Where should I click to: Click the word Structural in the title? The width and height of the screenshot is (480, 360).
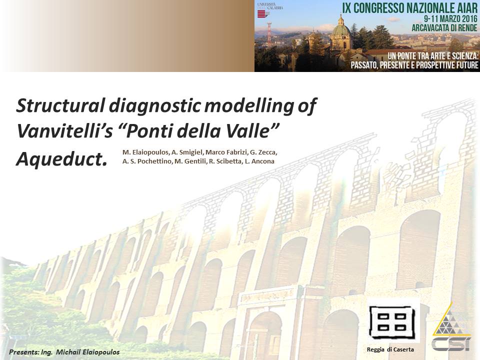coord(61,105)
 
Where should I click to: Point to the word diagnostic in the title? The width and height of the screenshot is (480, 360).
coord(155,106)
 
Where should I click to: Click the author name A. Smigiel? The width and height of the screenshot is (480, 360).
coord(187,152)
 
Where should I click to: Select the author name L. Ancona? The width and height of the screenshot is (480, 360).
coord(259,161)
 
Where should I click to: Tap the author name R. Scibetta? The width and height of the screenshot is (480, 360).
coord(225,161)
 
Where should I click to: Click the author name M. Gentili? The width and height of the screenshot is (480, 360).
coord(190,161)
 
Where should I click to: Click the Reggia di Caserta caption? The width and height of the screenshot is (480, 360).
coord(390,349)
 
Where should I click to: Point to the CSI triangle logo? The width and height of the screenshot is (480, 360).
coord(451,327)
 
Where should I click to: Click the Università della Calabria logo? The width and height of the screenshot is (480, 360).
coord(269,10)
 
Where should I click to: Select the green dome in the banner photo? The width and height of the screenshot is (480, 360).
coord(341,29)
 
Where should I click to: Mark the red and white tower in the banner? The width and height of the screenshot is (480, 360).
coord(269,34)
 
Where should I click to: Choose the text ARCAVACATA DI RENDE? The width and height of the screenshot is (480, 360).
coord(444,28)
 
